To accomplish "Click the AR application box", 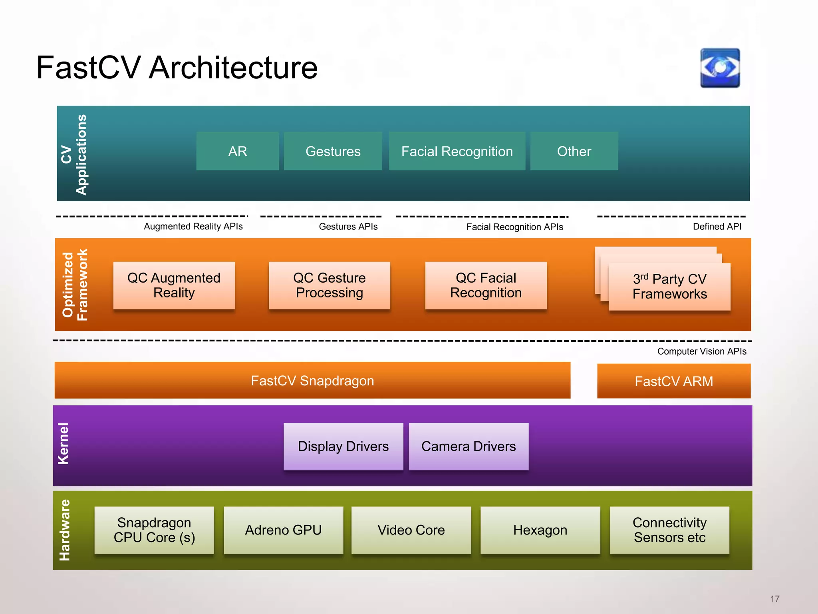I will coord(238,151).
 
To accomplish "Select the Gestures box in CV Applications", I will coord(333,151).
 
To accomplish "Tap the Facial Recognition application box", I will coord(457,151).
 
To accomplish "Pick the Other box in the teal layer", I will coord(574,151).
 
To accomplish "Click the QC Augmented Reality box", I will coord(174,285).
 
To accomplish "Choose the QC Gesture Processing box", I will coord(329,285).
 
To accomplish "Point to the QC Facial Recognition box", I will coord(486,285).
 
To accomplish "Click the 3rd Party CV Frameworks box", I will coord(669,287).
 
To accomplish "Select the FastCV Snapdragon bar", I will coord(312,381).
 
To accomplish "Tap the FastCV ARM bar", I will coord(674,381).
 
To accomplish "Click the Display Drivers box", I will coord(343,446).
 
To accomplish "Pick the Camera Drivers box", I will coord(469,446).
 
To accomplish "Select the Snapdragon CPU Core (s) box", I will coord(154,530).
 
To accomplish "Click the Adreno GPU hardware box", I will coord(283,530).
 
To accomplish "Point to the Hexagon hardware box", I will coord(540,530).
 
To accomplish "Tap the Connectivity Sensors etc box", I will coord(669,530).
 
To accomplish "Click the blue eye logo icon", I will coord(720,68).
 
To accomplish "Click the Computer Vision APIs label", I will coord(702,351).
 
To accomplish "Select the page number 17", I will coord(775,599).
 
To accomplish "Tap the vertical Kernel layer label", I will coord(64,444).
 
